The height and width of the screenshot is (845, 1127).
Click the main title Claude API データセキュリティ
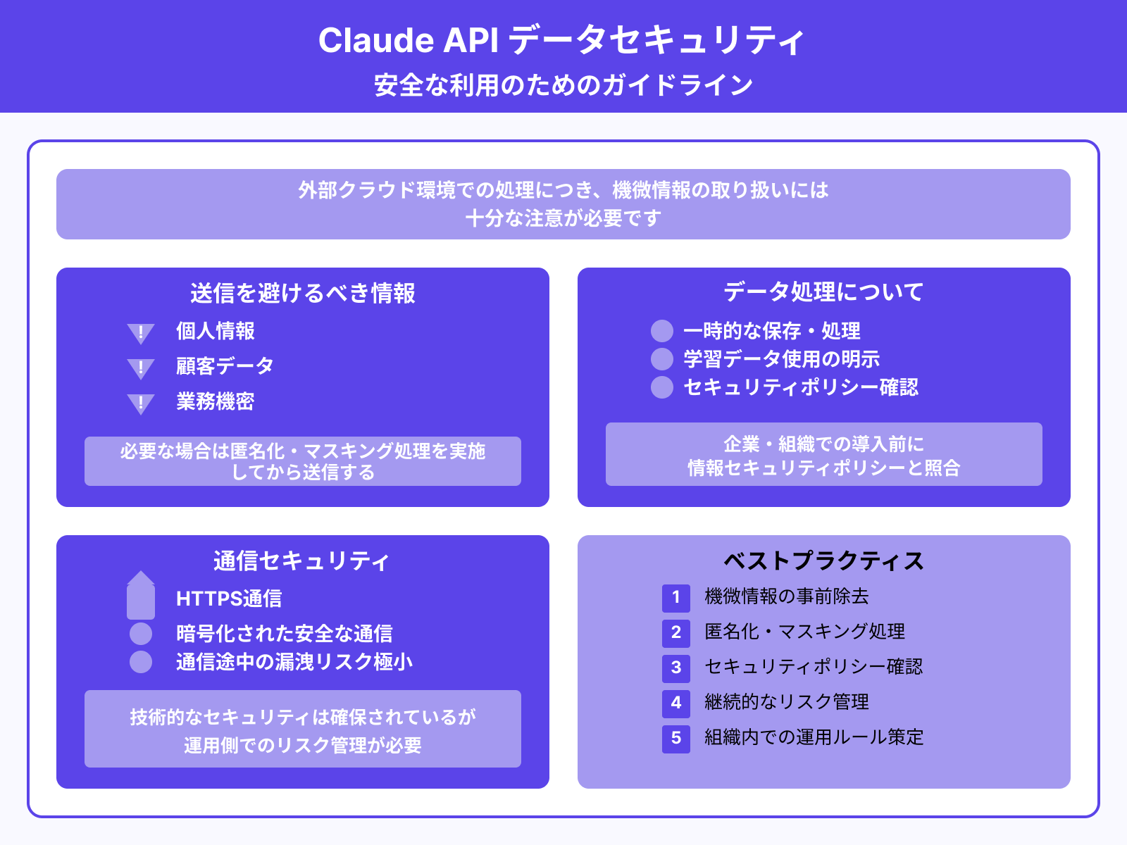click(x=561, y=40)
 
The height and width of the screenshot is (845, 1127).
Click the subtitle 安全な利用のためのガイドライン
click(x=563, y=85)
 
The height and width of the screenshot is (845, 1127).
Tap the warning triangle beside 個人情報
click(x=141, y=332)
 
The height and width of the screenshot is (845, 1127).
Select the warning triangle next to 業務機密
click(x=141, y=403)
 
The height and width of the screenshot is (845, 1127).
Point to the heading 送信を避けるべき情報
click(x=303, y=293)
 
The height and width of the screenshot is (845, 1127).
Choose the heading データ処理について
click(x=823, y=292)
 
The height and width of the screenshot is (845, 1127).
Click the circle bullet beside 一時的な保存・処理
click(x=662, y=331)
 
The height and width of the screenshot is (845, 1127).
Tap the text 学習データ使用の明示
click(x=782, y=359)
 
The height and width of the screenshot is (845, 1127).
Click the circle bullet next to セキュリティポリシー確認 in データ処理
click(x=662, y=387)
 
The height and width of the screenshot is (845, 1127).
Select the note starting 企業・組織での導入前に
click(x=824, y=455)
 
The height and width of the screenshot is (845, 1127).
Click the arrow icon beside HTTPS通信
click(x=141, y=595)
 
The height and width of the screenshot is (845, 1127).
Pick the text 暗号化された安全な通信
click(x=285, y=634)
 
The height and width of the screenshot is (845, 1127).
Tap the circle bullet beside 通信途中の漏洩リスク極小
click(x=141, y=662)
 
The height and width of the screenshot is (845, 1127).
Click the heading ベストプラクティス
click(x=823, y=561)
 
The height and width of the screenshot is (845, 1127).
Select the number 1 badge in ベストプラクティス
click(x=676, y=598)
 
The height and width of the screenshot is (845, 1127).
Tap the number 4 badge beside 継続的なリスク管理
click(x=676, y=703)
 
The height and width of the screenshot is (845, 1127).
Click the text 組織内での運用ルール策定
click(x=814, y=737)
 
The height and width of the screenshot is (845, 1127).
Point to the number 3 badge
click(x=676, y=668)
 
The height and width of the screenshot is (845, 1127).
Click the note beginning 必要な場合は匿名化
click(x=303, y=461)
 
